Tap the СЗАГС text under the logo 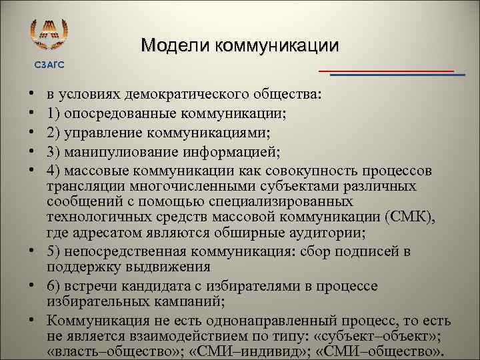click(50, 65)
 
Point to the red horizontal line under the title click(386, 70)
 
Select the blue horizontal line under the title click(397, 75)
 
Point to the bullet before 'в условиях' click(31, 96)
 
